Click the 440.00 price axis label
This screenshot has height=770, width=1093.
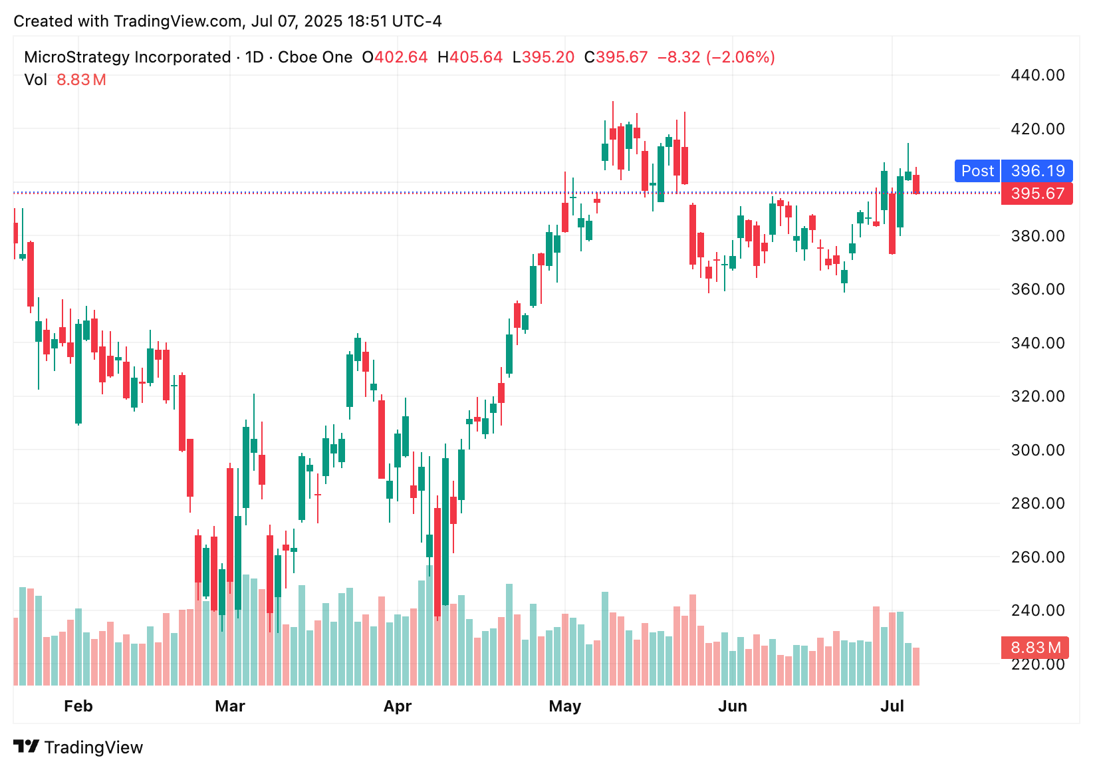[x=1037, y=75]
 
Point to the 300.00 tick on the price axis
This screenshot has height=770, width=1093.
[x=1037, y=450]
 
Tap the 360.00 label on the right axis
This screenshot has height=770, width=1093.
[x=1037, y=289]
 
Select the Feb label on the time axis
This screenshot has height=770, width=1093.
[x=78, y=706]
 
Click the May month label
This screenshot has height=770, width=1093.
[x=564, y=706]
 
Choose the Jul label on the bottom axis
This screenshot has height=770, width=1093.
[x=892, y=706]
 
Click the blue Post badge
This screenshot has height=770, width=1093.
[x=977, y=171]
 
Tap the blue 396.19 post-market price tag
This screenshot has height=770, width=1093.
[x=1037, y=171]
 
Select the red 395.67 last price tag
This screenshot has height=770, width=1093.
[x=1037, y=193]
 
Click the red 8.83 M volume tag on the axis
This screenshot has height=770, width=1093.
[x=1035, y=648]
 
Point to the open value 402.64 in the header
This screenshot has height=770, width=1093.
[x=401, y=57]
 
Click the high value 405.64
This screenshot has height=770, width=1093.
[x=476, y=57]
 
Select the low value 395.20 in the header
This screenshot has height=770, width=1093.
[x=548, y=57]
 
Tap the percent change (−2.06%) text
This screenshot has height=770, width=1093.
[x=740, y=57]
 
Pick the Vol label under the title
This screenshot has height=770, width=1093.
[x=35, y=80]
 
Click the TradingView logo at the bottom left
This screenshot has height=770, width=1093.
[x=78, y=747]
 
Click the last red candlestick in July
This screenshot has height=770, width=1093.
[x=916, y=184]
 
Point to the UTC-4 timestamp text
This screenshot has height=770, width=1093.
[x=416, y=21]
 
